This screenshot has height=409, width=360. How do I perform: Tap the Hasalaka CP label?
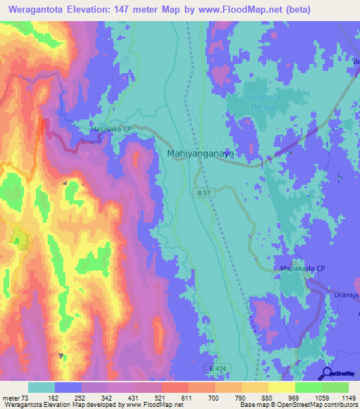point(112,129)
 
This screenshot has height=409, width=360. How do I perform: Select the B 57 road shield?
point(202,192)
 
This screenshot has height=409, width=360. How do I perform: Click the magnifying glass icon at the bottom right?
point(327,373)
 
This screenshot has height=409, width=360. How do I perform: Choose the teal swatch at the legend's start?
point(41,387)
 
